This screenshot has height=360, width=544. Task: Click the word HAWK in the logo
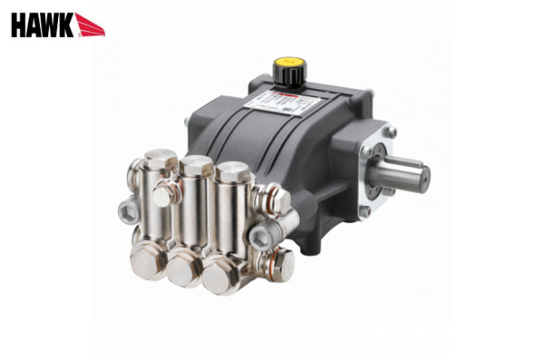click(41, 24)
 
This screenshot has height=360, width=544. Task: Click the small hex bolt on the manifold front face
click(161, 197)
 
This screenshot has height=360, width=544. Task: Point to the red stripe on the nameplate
click(288, 92)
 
